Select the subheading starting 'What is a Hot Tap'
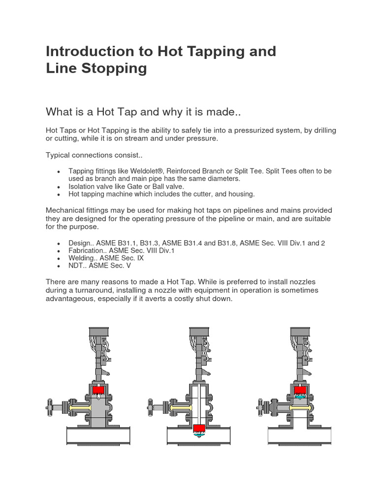coord(142,112)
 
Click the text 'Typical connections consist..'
coord(94,155)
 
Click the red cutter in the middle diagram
coord(200,427)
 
